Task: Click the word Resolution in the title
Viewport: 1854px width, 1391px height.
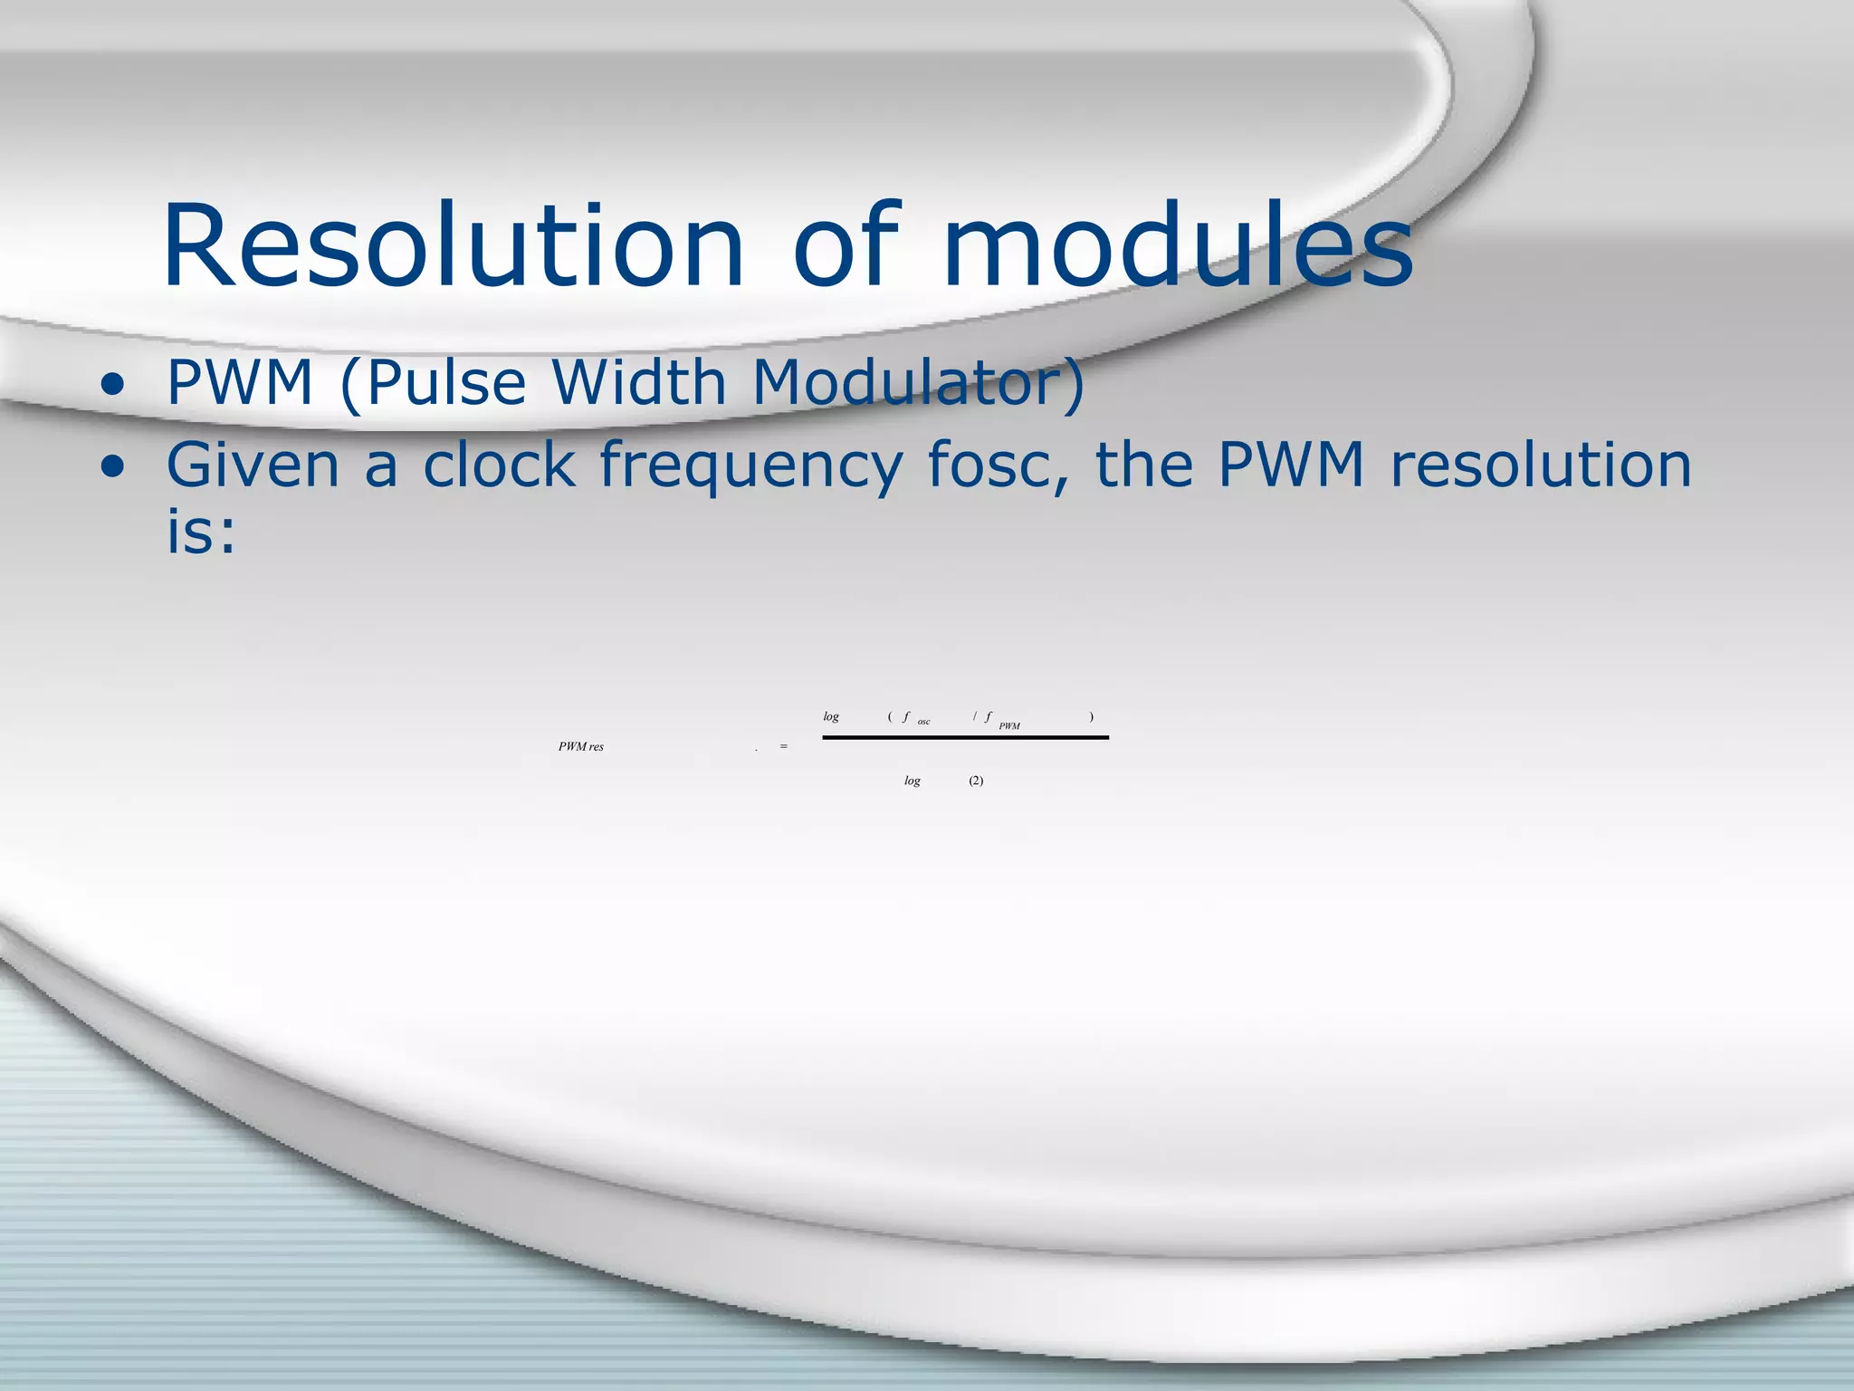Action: coord(453,246)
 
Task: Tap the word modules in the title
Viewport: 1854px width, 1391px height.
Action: coord(1177,246)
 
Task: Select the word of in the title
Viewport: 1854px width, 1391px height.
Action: coord(846,246)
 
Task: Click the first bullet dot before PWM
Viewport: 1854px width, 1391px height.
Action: coord(112,386)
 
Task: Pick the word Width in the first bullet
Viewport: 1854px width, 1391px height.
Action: coord(639,382)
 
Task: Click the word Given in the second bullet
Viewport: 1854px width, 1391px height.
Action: coord(253,465)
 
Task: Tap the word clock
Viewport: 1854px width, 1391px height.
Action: coord(499,465)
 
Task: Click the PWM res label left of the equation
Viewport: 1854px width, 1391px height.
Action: coord(581,747)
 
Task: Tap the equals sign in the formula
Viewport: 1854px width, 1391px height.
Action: coord(784,746)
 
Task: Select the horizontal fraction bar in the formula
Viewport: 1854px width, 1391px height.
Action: coord(965,738)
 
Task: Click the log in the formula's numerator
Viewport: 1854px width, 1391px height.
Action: coord(831,717)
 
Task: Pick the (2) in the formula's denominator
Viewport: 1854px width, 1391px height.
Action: coord(976,781)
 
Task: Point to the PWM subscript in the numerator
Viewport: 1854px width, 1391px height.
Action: coord(1009,726)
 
